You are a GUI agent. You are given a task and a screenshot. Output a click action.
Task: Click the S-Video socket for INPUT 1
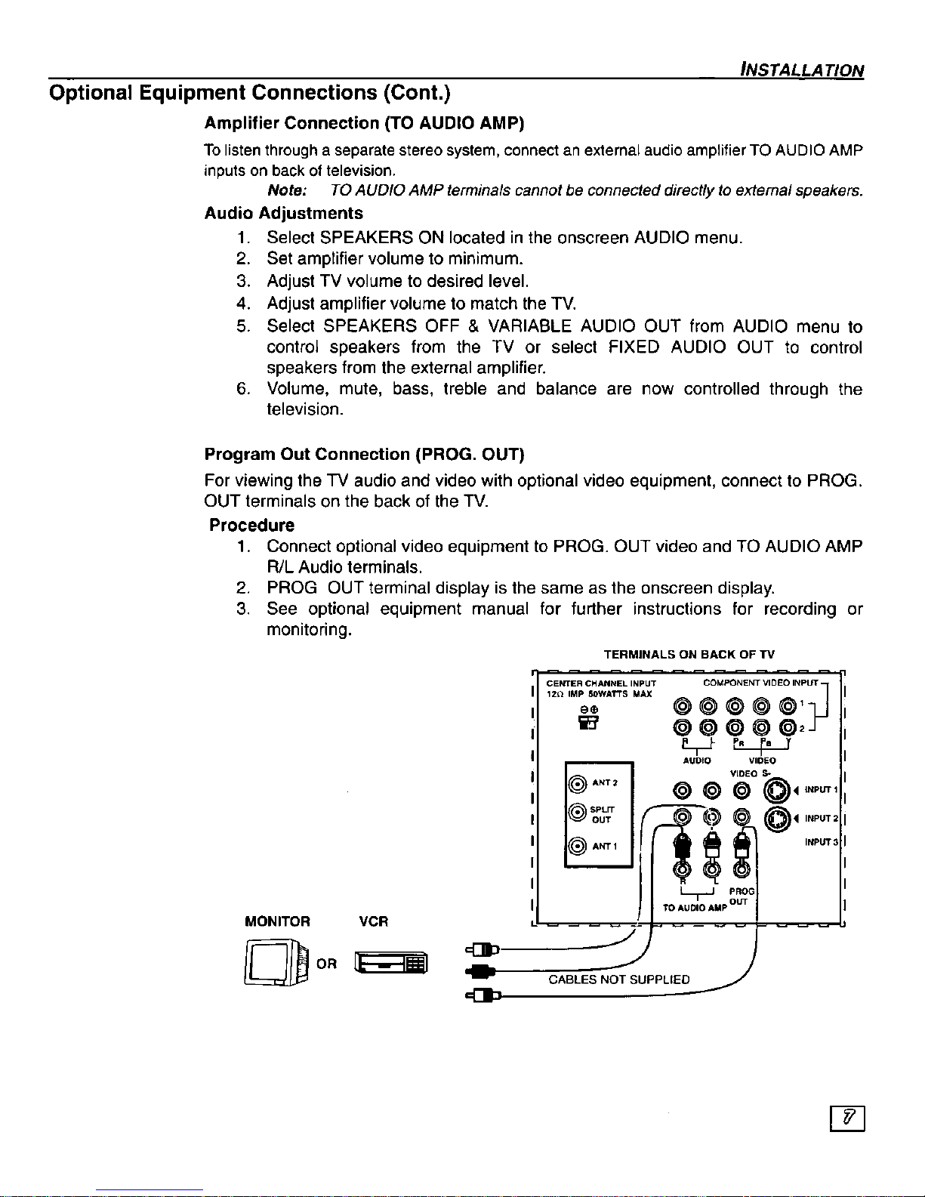pos(777,790)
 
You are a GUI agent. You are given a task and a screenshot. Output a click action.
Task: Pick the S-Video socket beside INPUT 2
pos(777,818)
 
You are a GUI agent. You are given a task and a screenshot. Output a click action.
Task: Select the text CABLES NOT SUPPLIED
pos(618,980)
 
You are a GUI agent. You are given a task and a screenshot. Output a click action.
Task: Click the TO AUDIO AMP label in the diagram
pos(692,907)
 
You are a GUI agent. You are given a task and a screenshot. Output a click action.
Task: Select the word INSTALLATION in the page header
pos(802,70)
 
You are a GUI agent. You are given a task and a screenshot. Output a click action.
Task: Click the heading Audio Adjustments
pos(283,214)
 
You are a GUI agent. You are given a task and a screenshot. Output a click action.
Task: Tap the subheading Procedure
pos(251,525)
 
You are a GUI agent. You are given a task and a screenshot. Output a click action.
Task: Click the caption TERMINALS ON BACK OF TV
pos(689,655)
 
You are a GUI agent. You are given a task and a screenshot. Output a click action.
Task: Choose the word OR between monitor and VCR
pos(327,964)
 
